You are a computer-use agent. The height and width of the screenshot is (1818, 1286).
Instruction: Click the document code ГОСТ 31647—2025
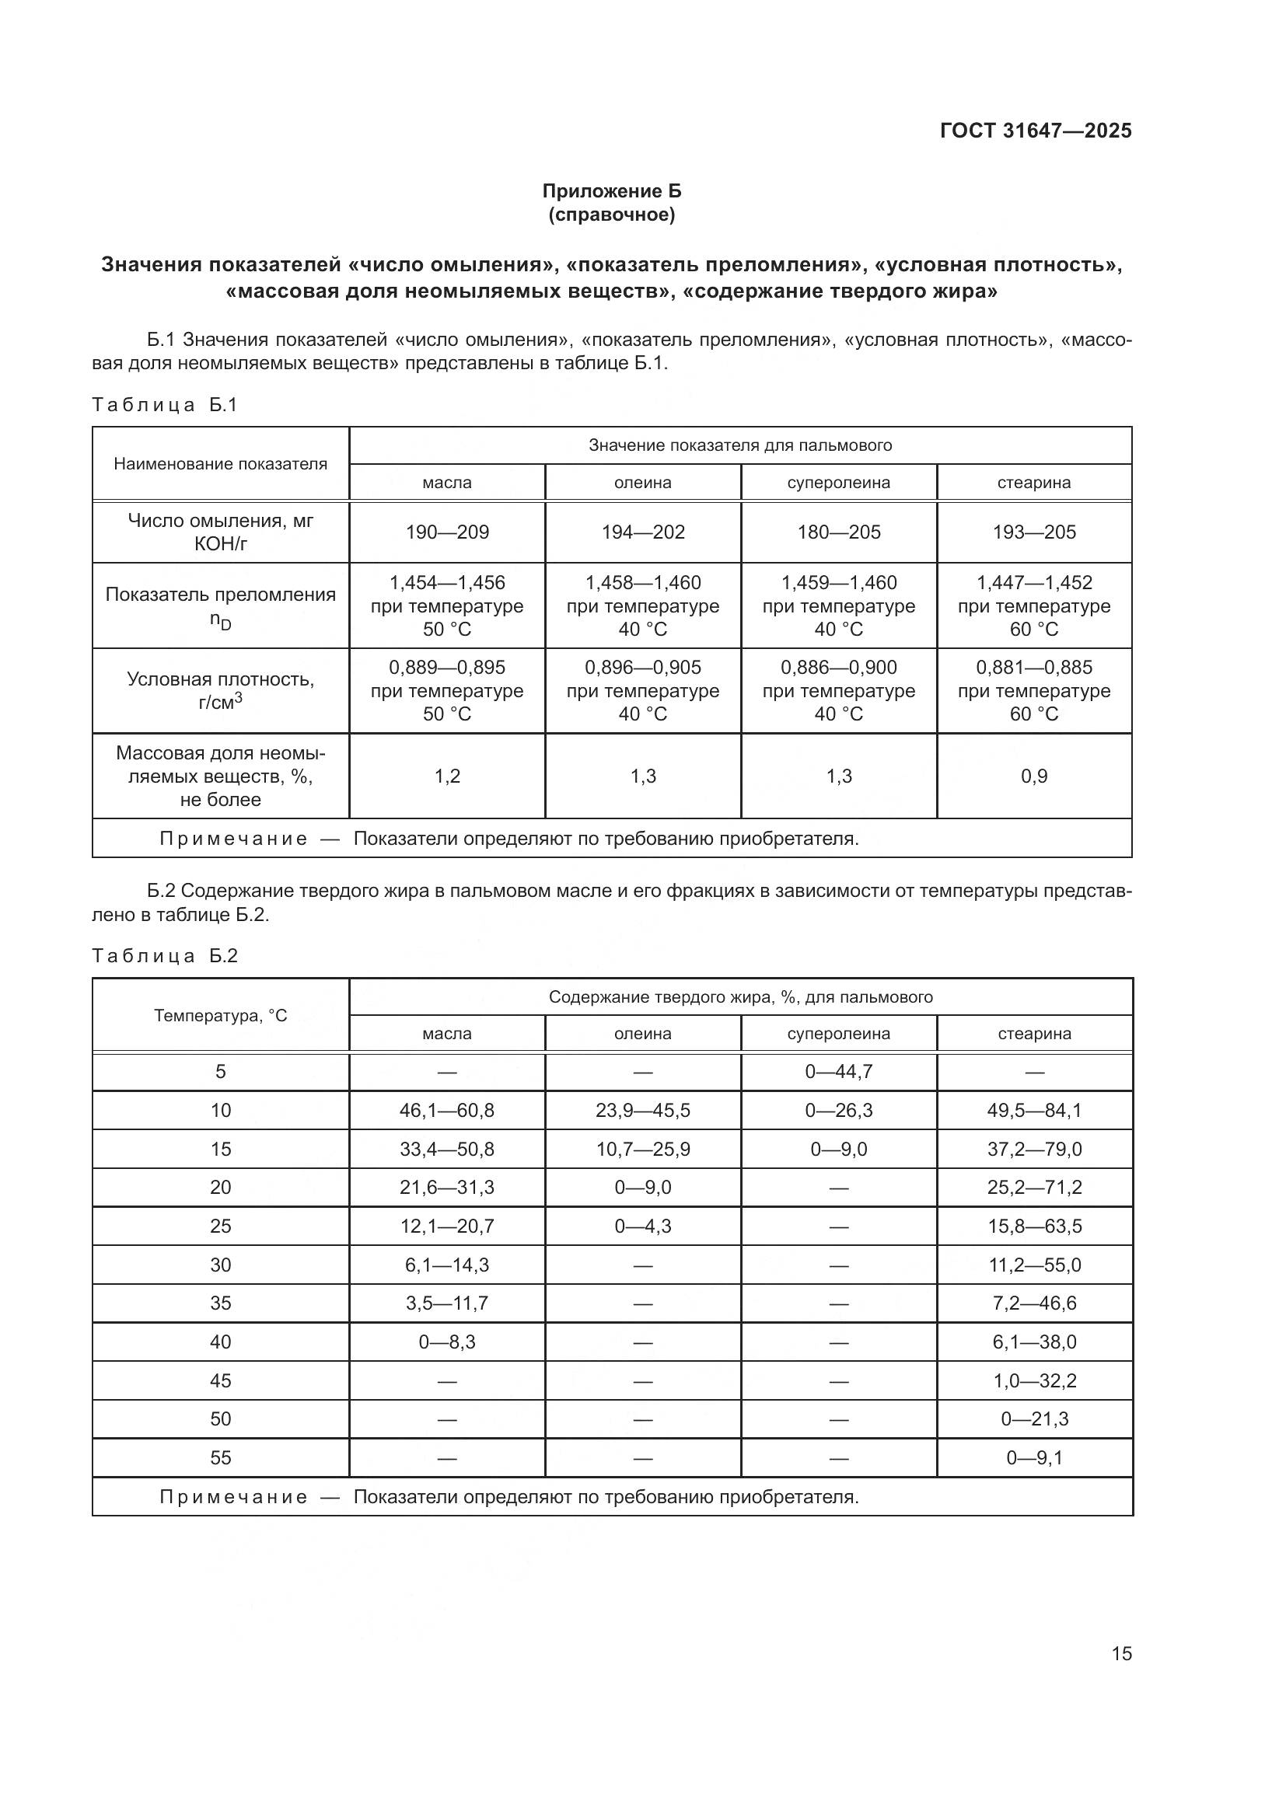1035,131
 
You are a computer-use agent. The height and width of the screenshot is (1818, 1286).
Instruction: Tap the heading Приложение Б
611,191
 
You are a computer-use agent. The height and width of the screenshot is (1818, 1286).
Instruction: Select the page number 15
1121,1653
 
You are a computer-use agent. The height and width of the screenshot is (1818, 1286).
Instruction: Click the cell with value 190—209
446,532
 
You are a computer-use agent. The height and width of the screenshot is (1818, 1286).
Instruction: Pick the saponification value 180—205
839,532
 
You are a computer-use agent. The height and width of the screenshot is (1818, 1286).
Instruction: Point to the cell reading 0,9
1034,776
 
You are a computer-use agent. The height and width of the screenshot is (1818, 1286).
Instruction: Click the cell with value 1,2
446,776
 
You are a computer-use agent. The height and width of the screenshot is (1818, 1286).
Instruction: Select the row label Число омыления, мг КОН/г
220,532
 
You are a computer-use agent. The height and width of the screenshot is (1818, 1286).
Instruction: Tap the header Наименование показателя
220,464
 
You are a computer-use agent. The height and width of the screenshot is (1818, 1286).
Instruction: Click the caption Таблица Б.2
165,956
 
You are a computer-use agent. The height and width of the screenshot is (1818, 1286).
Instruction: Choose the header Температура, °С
220,1015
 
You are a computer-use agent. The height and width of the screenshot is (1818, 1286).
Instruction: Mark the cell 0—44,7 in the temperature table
839,1071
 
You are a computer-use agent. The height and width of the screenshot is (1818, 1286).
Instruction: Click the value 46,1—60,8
446,1110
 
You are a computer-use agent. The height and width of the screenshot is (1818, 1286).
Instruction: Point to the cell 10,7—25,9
643,1149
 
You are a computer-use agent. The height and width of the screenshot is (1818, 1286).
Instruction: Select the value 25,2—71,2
1034,1187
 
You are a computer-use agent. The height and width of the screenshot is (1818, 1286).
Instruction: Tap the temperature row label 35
220,1303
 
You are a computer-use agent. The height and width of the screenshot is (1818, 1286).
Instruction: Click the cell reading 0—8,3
446,1342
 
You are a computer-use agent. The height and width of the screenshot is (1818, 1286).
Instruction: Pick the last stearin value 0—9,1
1034,1457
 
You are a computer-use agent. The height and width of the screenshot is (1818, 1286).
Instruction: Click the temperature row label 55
220,1457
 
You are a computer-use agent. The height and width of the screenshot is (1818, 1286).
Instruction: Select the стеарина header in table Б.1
1034,483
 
